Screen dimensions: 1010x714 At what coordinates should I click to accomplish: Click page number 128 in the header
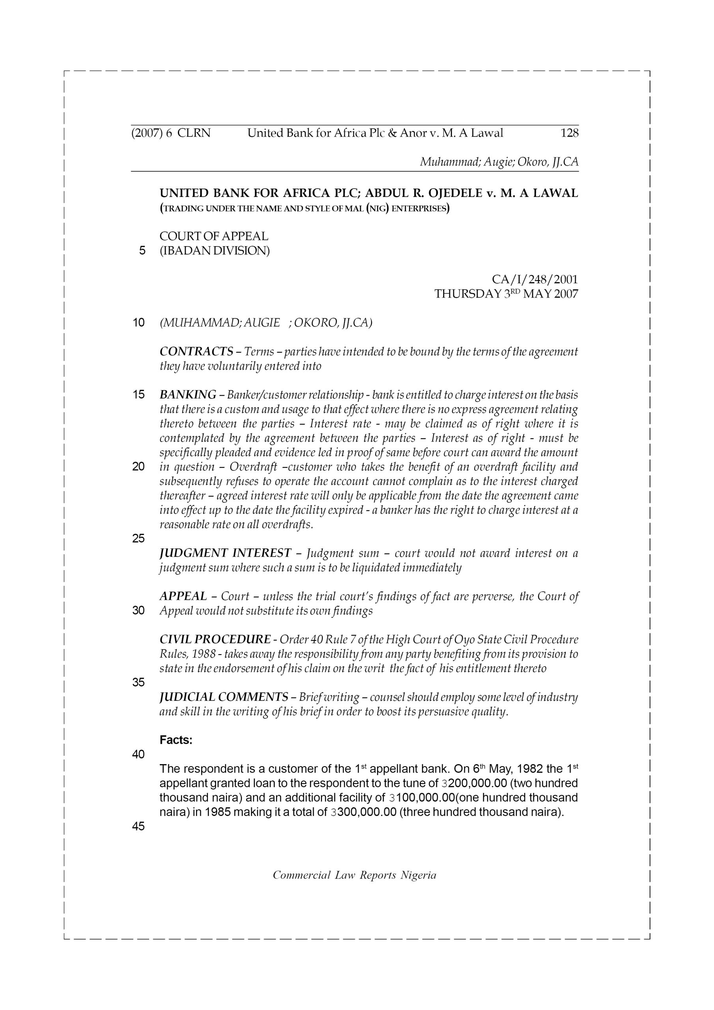click(x=569, y=133)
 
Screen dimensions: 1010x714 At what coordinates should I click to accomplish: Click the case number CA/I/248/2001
click(x=535, y=279)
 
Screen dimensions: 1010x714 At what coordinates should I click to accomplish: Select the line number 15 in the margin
click(x=138, y=395)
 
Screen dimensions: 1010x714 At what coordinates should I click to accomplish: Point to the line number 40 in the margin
click(x=138, y=754)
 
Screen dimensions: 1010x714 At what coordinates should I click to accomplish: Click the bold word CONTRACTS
click(x=196, y=352)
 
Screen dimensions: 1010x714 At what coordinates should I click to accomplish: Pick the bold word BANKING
click(x=188, y=395)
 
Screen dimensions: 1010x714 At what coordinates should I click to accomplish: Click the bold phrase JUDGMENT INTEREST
click(x=225, y=553)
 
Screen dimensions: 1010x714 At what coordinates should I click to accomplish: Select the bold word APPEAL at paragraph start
click(x=183, y=596)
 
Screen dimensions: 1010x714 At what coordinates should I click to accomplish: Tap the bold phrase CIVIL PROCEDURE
click(x=215, y=639)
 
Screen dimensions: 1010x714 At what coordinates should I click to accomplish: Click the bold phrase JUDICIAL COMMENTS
click(x=224, y=697)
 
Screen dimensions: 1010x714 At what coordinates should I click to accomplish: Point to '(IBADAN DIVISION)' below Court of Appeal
click(x=215, y=251)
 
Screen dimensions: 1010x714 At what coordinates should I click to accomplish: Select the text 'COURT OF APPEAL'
click(x=214, y=236)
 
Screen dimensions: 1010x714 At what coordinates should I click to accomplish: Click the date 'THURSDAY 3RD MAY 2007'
click(x=506, y=294)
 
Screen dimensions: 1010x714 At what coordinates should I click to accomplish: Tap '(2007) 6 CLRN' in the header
click(x=171, y=133)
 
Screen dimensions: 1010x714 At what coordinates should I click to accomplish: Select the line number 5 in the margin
click(x=142, y=251)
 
